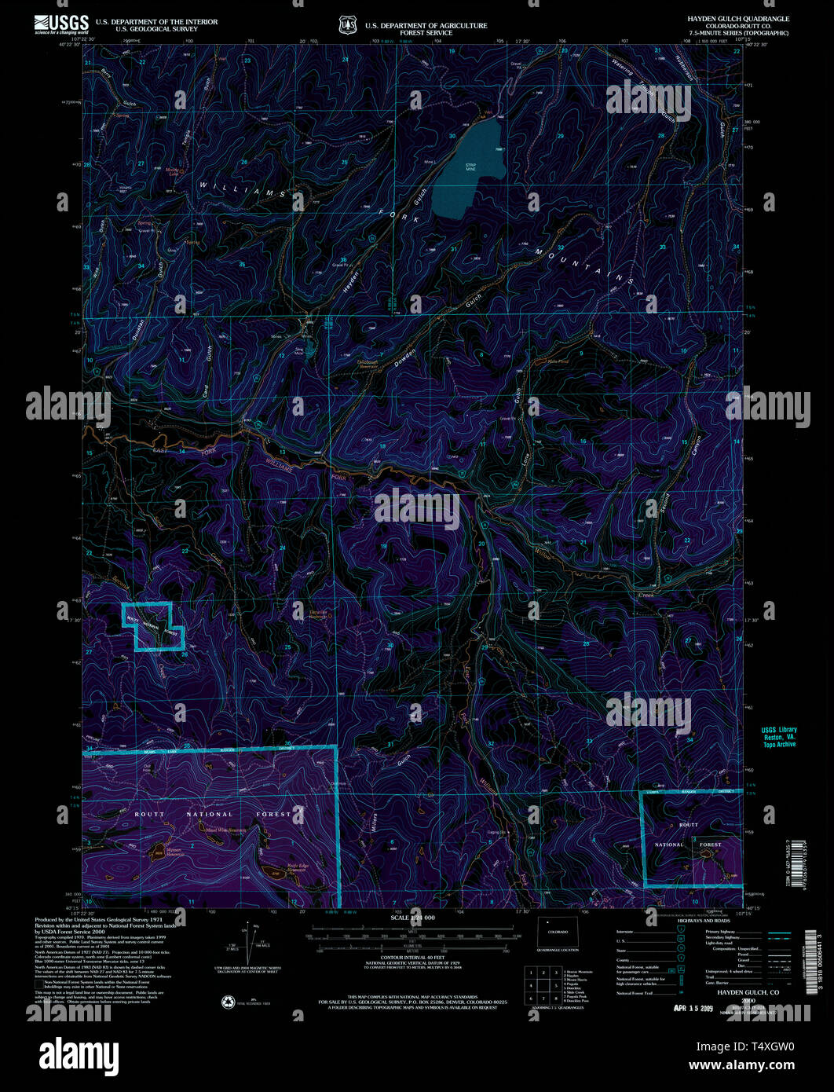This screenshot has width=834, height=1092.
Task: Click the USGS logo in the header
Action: [60, 23]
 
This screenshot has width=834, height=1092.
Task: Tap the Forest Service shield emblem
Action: [347, 26]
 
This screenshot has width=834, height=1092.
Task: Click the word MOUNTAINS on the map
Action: [586, 265]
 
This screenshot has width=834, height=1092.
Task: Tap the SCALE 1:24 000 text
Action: [416, 918]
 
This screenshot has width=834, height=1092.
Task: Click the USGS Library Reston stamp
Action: [777, 737]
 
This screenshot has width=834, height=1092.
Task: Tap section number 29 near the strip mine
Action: [561, 137]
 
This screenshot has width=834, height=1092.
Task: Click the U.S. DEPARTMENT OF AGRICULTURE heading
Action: [426, 25]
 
